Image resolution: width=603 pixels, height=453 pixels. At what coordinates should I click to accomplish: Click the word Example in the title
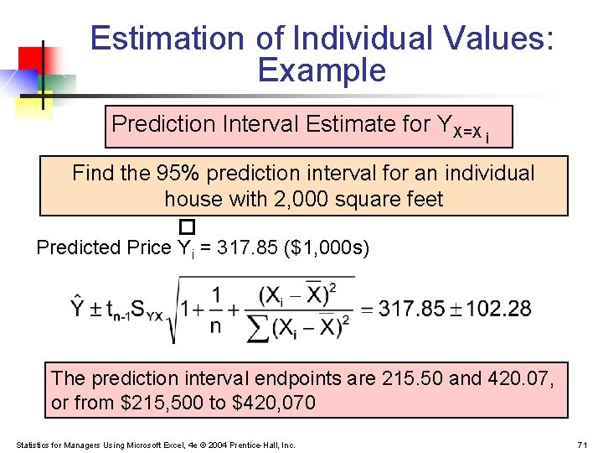pos(322,70)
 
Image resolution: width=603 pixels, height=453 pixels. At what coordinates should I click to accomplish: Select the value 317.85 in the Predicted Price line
pos(248,247)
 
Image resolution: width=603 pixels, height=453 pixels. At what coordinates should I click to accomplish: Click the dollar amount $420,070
pos(273,404)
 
